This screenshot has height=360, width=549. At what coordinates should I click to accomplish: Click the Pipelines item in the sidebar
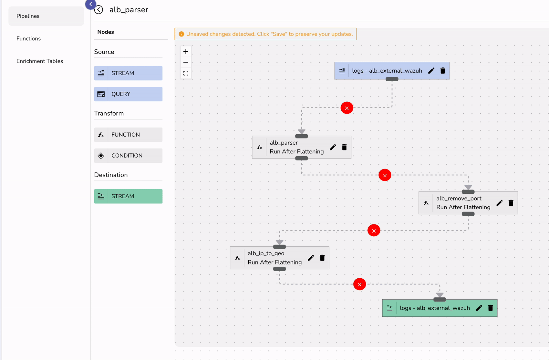pyautogui.click(x=28, y=16)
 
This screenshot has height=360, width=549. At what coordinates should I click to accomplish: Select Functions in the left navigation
pyautogui.click(x=29, y=39)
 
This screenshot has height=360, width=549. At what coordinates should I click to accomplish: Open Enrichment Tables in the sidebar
pyautogui.click(x=40, y=61)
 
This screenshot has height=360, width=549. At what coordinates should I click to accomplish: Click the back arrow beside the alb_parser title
pyautogui.click(x=98, y=10)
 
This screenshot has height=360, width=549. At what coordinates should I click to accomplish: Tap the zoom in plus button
pyautogui.click(x=186, y=52)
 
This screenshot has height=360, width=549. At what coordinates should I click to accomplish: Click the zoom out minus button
pyautogui.click(x=186, y=62)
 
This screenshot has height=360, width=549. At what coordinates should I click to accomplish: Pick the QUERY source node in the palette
pyautogui.click(x=128, y=94)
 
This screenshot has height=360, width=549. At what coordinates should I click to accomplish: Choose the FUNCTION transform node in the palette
pyautogui.click(x=128, y=135)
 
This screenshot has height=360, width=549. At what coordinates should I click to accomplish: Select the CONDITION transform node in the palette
pyautogui.click(x=128, y=156)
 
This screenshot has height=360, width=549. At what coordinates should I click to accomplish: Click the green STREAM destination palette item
pyautogui.click(x=128, y=196)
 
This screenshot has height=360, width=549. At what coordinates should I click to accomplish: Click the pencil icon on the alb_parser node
pyautogui.click(x=333, y=147)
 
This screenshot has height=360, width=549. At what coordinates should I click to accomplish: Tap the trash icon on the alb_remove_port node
pyautogui.click(x=511, y=203)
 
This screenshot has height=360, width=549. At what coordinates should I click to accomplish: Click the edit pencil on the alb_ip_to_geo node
pyautogui.click(x=311, y=258)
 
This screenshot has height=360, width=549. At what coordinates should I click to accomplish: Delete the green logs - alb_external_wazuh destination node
pyautogui.click(x=491, y=308)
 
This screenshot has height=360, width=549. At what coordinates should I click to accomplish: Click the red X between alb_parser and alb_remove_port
pyautogui.click(x=385, y=175)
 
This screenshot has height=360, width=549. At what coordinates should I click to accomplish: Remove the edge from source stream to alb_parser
pyautogui.click(x=347, y=108)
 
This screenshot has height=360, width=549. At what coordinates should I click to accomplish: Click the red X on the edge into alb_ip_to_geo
pyautogui.click(x=374, y=231)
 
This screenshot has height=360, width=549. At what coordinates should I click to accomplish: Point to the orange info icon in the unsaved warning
pyautogui.click(x=181, y=34)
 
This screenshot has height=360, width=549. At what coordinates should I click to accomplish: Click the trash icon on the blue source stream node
pyautogui.click(x=443, y=71)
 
